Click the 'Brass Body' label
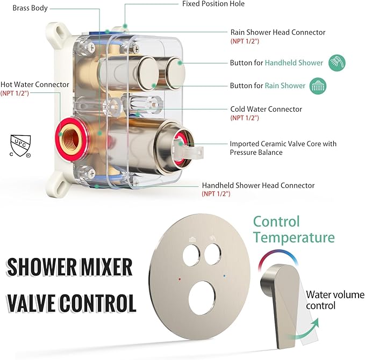tap(30, 8)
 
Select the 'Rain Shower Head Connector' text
tap(277, 32)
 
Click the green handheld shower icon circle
tap(337, 63)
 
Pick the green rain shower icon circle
tap(318, 85)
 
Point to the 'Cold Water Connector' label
tap(266, 109)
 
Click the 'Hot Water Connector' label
tap(35, 84)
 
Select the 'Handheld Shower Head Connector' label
tap(258, 185)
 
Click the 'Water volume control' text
tap(328, 300)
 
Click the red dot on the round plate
tap(178, 279)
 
